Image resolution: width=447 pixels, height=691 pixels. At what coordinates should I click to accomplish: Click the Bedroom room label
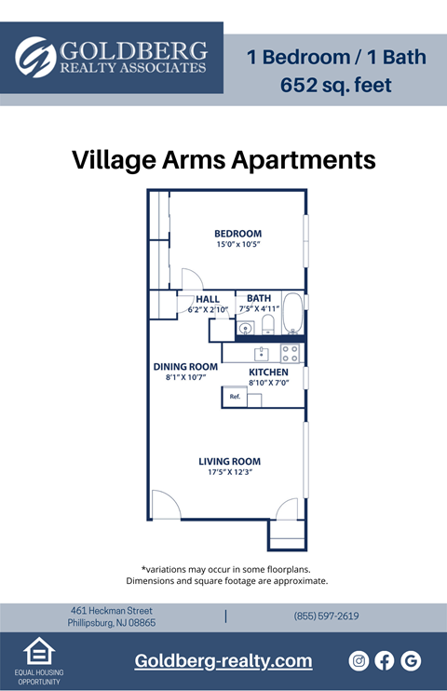click(237, 233)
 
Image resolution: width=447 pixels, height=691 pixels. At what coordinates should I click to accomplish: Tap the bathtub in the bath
click(292, 313)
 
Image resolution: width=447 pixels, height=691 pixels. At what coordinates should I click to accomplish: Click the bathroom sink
click(247, 328)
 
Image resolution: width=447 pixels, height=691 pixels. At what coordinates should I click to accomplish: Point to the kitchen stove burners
click(290, 353)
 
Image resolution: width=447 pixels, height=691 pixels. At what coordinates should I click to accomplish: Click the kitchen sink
click(263, 353)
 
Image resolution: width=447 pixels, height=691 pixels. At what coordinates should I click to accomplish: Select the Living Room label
click(229, 461)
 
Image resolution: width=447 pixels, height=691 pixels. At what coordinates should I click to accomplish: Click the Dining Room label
click(185, 366)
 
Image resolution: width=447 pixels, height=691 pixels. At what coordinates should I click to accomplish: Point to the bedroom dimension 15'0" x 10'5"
click(237, 244)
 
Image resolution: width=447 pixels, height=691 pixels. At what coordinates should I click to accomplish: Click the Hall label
click(208, 299)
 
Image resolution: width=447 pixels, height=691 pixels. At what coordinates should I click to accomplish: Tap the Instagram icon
click(359, 660)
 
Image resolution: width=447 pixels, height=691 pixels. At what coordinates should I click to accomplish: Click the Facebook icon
click(385, 660)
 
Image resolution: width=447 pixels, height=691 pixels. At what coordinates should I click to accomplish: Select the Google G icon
click(411, 660)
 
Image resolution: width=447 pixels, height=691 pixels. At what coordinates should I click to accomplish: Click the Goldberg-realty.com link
click(223, 661)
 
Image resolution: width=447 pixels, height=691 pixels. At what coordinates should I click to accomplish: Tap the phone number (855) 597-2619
click(326, 616)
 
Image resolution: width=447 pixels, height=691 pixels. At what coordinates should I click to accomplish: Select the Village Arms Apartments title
click(223, 160)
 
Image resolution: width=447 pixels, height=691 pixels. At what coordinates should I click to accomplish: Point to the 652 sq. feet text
click(336, 86)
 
